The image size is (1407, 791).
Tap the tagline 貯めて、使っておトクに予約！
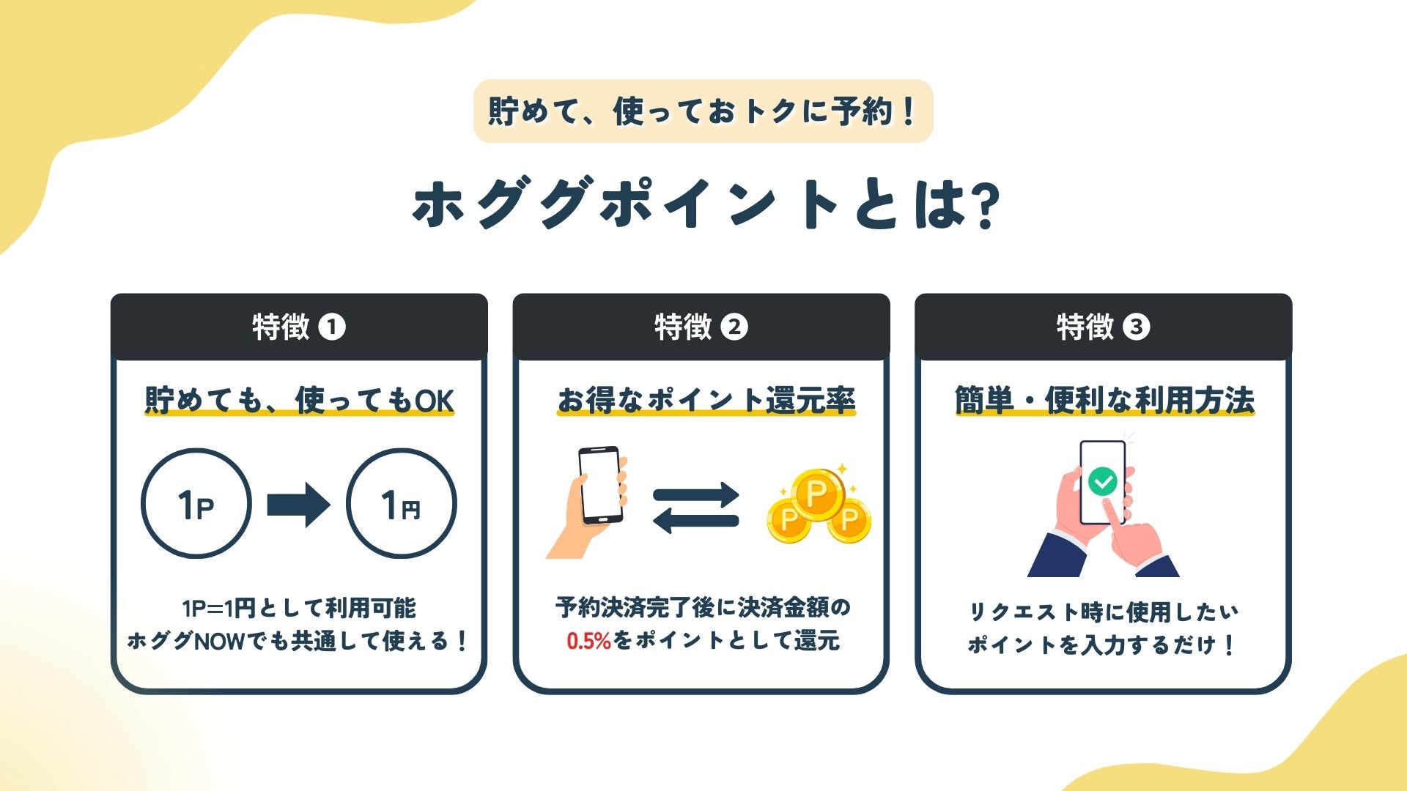pos(703,111)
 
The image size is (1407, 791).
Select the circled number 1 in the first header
pos(332,327)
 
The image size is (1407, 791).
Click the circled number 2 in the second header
pos(734,327)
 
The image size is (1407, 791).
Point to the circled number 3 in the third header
pos(1137,327)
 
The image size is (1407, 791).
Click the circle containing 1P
pos(196,504)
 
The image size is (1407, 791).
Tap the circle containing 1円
pos(401,504)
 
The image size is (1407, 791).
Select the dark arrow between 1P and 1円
pos(298,505)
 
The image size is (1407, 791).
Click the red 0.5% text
pos(588,642)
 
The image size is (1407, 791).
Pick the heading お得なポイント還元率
pos(706,401)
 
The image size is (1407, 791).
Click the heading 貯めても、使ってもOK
pos(299,401)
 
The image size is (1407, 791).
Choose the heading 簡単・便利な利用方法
pos(1104,401)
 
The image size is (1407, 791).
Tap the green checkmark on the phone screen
pos(1102,481)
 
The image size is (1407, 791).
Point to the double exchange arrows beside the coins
pos(695,507)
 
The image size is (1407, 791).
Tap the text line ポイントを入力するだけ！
pos(1102,645)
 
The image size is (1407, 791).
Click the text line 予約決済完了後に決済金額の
pos(703,607)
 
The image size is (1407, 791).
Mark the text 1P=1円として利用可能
pos(299,608)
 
